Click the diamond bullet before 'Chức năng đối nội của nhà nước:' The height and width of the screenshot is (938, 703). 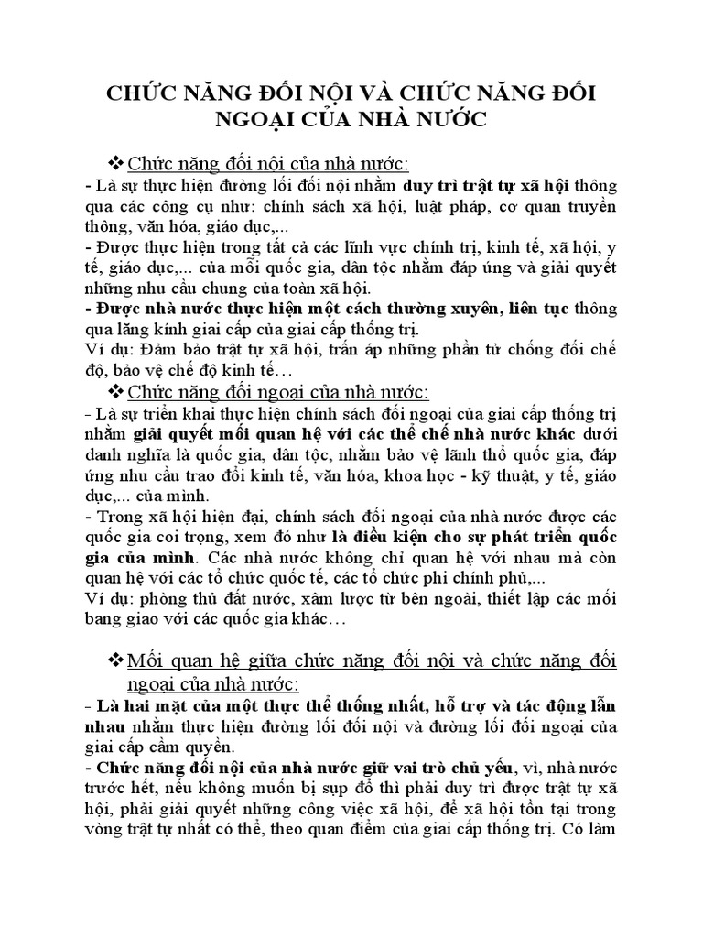click(x=116, y=163)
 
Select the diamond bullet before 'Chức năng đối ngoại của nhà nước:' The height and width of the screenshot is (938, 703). click(x=116, y=393)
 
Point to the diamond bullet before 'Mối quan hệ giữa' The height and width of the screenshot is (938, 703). click(x=116, y=660)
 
